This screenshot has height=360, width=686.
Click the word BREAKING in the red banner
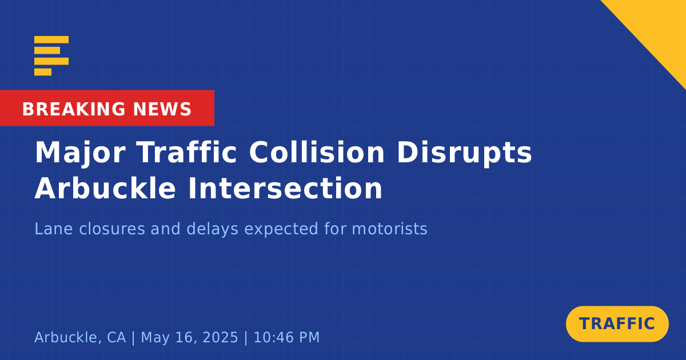pyautogui.click(x=74, y=109)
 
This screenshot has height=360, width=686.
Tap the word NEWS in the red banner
pyautogui.click(x=162, y=109)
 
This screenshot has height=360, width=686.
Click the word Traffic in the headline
pyautogui.click(x=186, y=152)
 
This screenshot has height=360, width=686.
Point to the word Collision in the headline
pyautogui.click(x=317, y=152)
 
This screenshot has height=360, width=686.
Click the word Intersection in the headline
pyautogui.click(x=285, y=188)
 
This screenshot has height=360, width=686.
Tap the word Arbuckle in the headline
pyautogui.click(x=105, y=188)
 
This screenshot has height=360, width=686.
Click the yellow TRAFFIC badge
pyautogui.click(x=617, y=324)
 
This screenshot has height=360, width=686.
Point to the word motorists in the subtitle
pyautogui.click(x=389, y=229)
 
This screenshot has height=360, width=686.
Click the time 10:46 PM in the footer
pyautogui.click(x=286, y=337)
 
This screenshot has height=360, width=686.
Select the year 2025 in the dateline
pyautogui.click(x=220, y=337)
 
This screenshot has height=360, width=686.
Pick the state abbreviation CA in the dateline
pyautogui.click(x=117, y=337)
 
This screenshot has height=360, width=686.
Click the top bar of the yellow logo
pyautogui.click(x=51, y=39)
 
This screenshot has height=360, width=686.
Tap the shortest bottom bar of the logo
pyautogui.click(x=43, y=72)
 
